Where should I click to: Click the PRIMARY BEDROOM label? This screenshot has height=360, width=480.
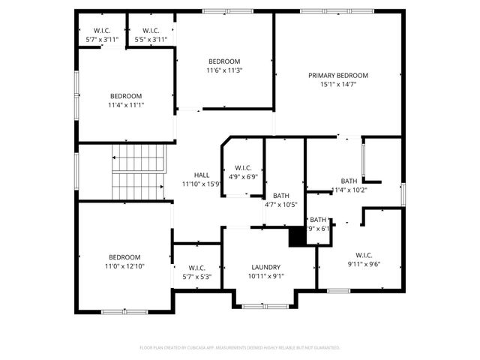pos(338,76)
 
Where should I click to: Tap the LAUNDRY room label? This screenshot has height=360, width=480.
pos(265,267)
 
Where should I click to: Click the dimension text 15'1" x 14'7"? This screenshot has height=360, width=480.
pos(338,85)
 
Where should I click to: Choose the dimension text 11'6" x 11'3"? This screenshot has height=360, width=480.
pos(224,70)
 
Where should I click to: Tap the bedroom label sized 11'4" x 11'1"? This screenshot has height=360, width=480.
pos(126,96)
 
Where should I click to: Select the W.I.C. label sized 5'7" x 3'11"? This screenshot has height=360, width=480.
pos(101,30)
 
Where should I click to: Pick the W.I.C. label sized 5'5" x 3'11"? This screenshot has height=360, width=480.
pos(150,30)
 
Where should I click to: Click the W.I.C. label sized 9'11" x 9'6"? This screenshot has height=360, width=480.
pos(364,255)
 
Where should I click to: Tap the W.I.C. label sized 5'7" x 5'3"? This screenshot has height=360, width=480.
pos(197,268)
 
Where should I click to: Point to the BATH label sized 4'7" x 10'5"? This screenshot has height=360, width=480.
pos(280,196)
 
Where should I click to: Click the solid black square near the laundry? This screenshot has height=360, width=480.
pos(298,236)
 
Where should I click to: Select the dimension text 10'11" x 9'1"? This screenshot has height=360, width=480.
pos(265,276)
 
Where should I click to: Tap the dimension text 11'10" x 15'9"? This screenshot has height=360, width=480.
pos(202,184)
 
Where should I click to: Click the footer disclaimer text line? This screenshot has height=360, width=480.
pos(240,348)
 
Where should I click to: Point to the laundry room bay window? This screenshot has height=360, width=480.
pos(264,305)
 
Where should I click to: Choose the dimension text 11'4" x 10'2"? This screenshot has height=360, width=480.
pos(349,190)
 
